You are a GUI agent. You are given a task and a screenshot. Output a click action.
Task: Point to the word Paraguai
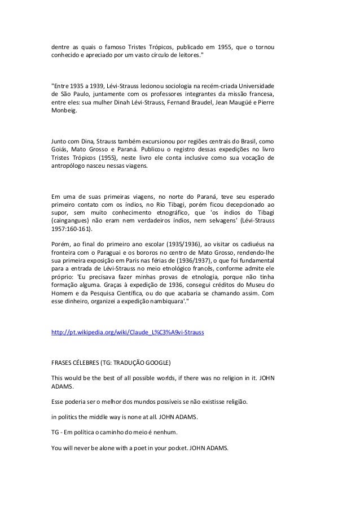coord(112,252)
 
